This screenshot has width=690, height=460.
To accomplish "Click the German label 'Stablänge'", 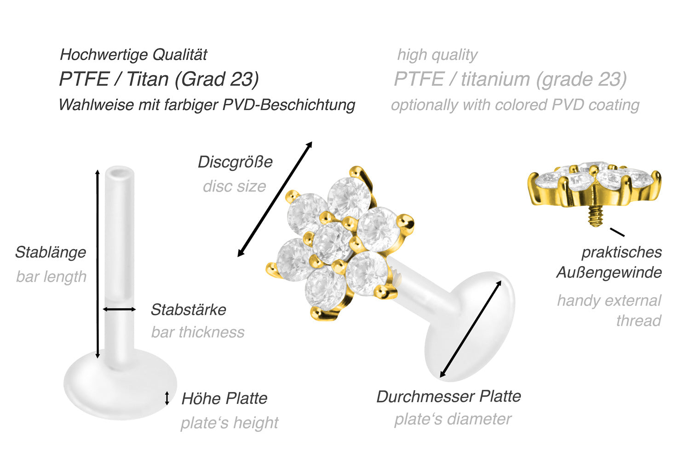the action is tap(51, 253).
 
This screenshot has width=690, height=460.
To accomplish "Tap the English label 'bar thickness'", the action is tap(198, 332).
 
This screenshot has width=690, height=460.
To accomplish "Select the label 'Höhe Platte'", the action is tap(224, 399).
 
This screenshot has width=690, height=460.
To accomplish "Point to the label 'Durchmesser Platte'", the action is tap(448, 396).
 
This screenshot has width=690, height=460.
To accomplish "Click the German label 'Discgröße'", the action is tap(235, 162).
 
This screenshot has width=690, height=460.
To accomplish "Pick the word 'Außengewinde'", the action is tap(609, 273).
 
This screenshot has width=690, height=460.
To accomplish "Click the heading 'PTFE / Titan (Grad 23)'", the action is tap(159, 80).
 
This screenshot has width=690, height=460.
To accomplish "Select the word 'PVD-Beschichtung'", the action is tap(288, 105).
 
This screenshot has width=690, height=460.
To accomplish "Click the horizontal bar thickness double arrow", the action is tap(119, 309).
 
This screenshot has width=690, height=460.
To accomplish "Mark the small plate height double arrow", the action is tap(167, 398).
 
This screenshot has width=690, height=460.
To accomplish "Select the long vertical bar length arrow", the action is tap(98, 264).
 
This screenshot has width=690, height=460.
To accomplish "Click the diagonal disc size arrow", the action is tap(275, 199).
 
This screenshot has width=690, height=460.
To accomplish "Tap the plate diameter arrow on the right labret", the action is tap(471, 329).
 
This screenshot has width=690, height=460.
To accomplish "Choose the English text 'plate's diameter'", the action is tap(453, 420).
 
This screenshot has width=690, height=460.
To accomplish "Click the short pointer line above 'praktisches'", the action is tap(617, 232).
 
